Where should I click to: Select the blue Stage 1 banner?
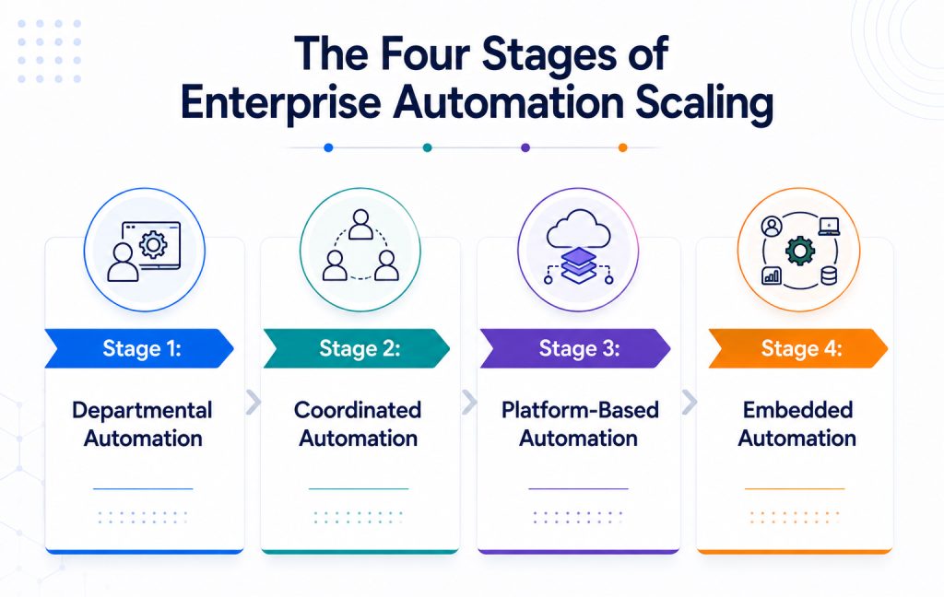(139, 348)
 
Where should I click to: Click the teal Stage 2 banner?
(357, 348)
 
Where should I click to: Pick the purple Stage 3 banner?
(575, 348)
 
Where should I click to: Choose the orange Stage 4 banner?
(797, 348)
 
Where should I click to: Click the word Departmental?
(142, 411)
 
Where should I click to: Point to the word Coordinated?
(358, 410)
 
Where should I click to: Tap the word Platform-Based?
(580, 410)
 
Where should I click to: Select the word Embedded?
(797, 410)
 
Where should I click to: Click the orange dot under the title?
(623, 147)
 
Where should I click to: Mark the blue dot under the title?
(328, 147)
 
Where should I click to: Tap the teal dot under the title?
(428, 147)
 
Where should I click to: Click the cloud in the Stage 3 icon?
(579, 229)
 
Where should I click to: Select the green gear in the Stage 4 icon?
(800, 251)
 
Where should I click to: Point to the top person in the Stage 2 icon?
(360, 224)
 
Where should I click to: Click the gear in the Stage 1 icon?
(153, 245)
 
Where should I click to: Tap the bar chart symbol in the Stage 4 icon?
(772, 275)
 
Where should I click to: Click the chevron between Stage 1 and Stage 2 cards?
(254, 402)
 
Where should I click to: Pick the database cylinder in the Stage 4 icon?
(829, 276)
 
